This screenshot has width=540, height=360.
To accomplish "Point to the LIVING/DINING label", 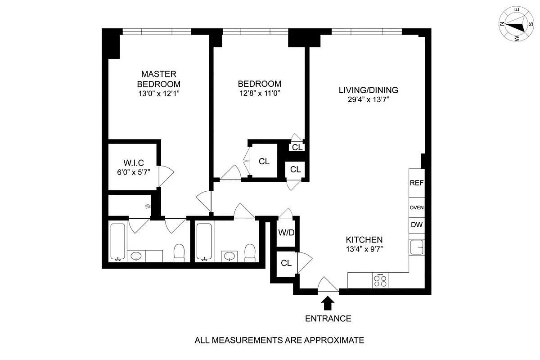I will point(368,90).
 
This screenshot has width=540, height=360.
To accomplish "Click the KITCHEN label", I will point(364,240).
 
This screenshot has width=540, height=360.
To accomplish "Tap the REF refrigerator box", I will point(416,183).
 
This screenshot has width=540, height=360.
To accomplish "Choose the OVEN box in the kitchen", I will point(416,208).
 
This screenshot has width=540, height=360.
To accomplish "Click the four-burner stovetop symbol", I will point(381,280).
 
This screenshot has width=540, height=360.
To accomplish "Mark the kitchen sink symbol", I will point(416,247).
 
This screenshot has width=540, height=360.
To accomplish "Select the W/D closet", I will point(285,233).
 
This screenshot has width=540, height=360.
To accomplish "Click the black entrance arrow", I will point(328,303).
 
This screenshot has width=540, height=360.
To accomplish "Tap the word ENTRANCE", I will point(328,319).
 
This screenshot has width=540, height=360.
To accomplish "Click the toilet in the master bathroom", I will point(179,252).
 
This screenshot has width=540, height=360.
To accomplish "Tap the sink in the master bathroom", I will point(136,256).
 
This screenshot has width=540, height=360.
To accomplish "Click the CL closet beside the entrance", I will point(286,263).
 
